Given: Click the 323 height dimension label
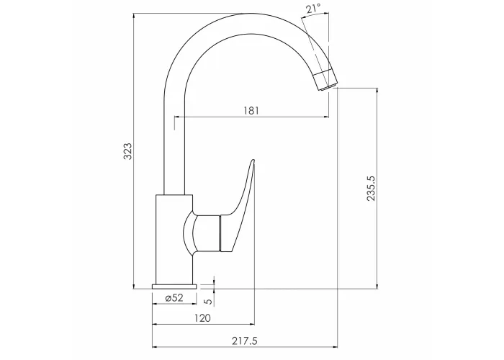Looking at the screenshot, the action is (x=128, y=151).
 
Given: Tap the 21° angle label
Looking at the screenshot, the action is (x=313, y=9).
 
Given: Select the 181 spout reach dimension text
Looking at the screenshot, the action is (x=251, y=111).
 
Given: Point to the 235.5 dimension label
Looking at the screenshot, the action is (x=371, y=188).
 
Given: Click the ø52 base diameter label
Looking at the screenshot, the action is (x=174, y=298).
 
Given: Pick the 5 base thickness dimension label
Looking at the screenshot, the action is (x=208, y=301).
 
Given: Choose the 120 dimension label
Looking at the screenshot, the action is (x=203, y=318).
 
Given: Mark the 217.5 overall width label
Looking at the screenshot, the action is (x=245, y=341).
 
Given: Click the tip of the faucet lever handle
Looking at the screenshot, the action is (x=253, y=159).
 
